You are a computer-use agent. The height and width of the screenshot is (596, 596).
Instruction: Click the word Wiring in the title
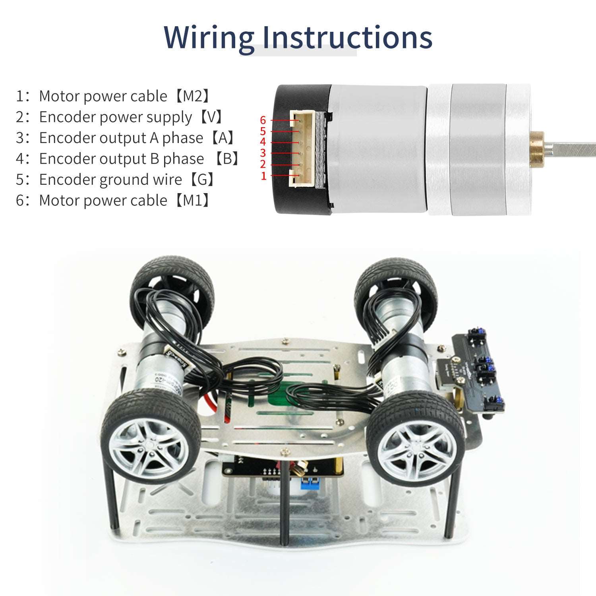coord(208,38)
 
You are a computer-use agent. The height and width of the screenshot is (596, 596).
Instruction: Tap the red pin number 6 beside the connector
coord(263,120)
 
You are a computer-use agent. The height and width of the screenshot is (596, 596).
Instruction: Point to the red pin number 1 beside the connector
coord(263,176)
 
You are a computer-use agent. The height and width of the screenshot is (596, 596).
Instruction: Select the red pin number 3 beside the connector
coord(263,153)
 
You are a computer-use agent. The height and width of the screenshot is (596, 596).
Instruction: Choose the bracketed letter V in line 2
coord(215,117)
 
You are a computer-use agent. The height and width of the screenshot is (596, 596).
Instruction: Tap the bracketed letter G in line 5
coord(202,180)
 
